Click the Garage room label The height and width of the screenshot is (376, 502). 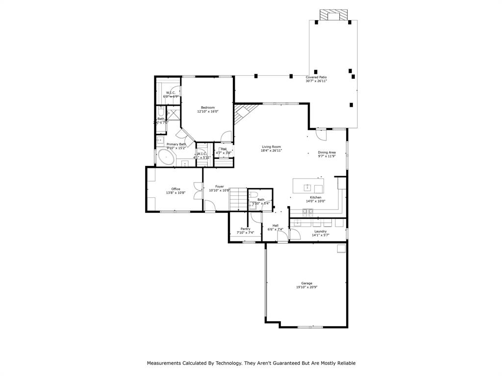[x=306, y=283]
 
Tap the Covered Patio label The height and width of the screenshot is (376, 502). [x=316, y=77]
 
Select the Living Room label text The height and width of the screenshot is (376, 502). [x=271, y=147]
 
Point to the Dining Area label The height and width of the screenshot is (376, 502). [x=326, y=152]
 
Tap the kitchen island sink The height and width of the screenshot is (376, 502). [x=307, y=187]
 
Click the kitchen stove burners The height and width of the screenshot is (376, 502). [x=307, y=211]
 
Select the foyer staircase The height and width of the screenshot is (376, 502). [x=238, y=199]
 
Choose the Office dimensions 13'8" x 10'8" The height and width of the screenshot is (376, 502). [x=176, y=193]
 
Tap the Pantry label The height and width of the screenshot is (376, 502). [x=246, y=229]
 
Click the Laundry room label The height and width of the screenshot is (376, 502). [x=320, y=231]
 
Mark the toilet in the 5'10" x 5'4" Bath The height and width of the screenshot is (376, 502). [x=253, y=194]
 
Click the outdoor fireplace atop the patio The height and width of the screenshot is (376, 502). [x=333, y=16]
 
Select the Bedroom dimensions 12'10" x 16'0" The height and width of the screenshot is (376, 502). [x=208, y=112]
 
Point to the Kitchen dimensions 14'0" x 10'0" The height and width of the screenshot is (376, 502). [x=316, y=201]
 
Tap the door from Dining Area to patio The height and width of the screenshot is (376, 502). [x=321, y=132]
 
